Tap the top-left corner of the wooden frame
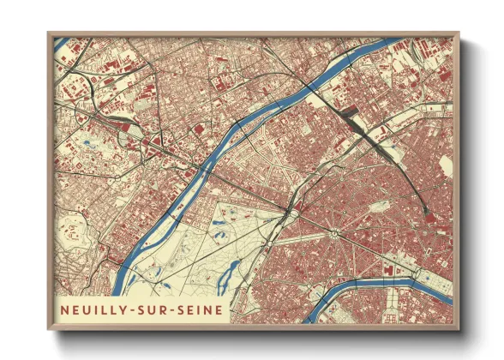pyautogui.click(x=49, y=33)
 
